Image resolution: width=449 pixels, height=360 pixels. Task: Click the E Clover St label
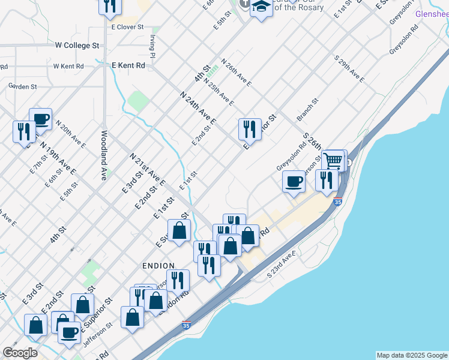click(x=127, y=27)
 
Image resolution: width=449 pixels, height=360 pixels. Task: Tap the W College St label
click(x=77, y=46)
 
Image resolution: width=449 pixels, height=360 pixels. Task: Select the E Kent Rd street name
click(x=128, y=65)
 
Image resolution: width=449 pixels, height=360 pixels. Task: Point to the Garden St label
click(x=22, y=86)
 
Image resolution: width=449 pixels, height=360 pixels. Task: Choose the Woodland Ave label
click(x=103, y=155)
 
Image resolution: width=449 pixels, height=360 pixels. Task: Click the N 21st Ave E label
click(x=147, y=170)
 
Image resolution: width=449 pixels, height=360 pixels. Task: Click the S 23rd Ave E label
click(x=282, y=265)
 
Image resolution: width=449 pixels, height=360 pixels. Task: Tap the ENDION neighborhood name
click(x=158, y=266)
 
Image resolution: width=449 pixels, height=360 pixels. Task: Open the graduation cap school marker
click(x=261, y=8)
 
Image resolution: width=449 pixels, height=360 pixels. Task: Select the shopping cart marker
click(x=333, y=161)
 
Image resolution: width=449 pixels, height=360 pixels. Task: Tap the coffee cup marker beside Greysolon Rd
click(x=294, y=181)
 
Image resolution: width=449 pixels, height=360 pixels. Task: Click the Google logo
click(x=20, y=353)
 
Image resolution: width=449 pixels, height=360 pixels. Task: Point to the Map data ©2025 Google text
click(x=411, y=355)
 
